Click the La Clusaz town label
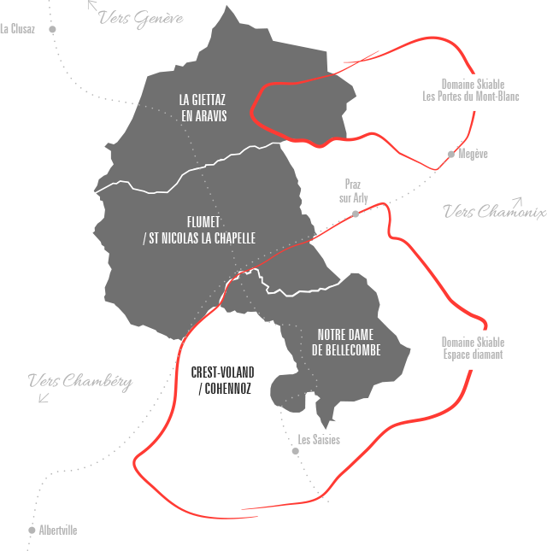[x=17, y=29]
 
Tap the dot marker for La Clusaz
[x=53, y=29]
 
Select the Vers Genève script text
[x=141, y=18]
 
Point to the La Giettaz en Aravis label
[x=204, y=107]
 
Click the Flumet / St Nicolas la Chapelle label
[x=198, y=229]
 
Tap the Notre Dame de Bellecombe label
[x=346, y=342]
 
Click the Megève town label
[x=473, y=155]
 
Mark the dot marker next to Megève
[x=451, y=155]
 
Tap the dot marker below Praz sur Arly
[x=356, y=214]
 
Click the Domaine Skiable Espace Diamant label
[x=473, y=348]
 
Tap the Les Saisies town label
[x=319, y=440]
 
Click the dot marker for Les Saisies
[x=295, y=451]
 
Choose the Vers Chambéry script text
[x=79, y=382]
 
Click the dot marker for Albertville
[x=32, y=530]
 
